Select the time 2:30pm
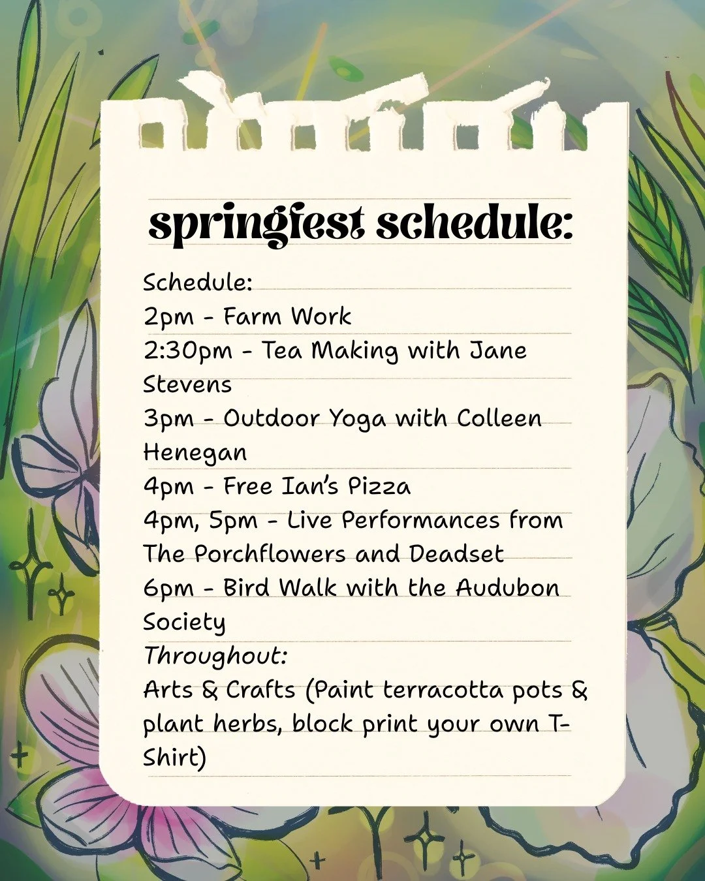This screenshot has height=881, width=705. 188,351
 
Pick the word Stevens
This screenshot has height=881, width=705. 187,384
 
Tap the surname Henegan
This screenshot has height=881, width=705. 195,453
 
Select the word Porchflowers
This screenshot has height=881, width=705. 270,554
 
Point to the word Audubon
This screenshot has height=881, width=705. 507,588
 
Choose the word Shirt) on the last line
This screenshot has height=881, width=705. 174,758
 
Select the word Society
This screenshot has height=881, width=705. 184,623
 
